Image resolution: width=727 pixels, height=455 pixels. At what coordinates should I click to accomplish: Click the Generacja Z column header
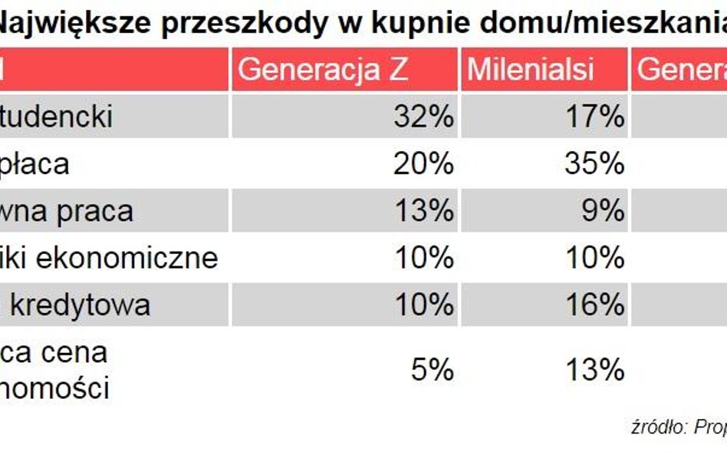coord(323,70)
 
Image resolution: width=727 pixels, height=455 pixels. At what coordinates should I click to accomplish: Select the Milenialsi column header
coord(531,70)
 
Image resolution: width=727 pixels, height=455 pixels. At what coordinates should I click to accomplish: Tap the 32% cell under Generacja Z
coord(423,117)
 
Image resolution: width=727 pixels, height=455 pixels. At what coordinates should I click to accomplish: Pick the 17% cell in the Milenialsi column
coord(594,117)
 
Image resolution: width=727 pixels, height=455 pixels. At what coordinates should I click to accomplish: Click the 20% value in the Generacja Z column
coord(423,164)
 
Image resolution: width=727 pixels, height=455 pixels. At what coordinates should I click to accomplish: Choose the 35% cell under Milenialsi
coord(594,164)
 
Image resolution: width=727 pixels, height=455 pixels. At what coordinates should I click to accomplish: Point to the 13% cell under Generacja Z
coord(423,211)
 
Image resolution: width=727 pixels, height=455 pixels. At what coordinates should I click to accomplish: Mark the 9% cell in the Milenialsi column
coord(602,211)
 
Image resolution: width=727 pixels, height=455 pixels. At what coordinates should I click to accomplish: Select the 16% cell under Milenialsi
coord(594,305)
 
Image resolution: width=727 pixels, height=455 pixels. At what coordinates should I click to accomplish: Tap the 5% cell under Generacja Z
coord(432,371)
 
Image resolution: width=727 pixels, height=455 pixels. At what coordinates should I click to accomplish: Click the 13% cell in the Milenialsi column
coord(594,371)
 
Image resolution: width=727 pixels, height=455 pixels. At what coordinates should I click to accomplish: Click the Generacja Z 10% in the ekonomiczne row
coord(423,258)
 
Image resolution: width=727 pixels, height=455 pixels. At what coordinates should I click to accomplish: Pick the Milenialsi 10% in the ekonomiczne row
coord(594,258)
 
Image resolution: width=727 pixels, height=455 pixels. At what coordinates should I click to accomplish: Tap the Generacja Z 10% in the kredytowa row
coord(423,305)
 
